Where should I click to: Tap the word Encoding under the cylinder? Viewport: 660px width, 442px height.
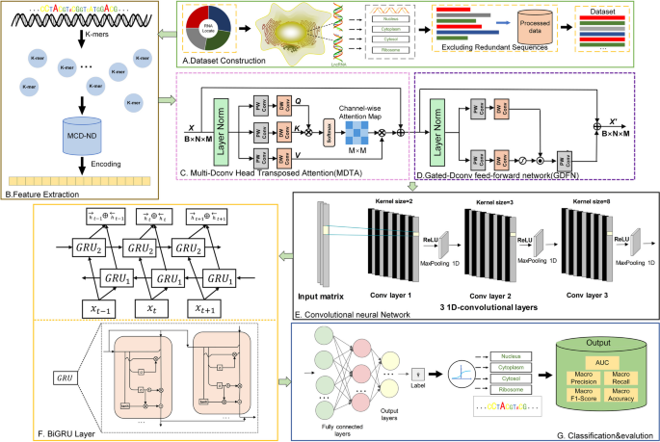(114, 163)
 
